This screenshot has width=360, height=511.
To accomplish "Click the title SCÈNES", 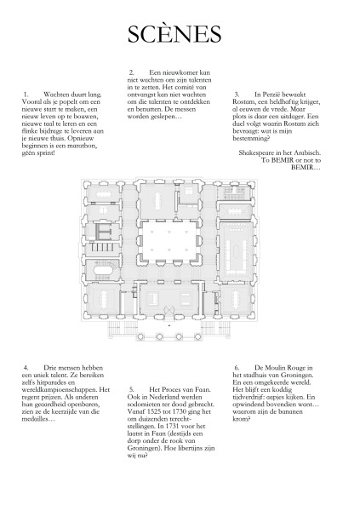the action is coord(174,33).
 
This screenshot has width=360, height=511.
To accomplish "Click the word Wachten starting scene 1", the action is coord(56,95).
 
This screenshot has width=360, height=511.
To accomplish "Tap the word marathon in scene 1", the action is coord(82,146).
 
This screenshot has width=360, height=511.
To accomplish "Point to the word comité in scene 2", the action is coord(186,88).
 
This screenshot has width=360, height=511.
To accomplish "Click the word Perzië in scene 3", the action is coord(267,95).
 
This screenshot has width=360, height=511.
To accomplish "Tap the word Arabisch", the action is coord(307,152).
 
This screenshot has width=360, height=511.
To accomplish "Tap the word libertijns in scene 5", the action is coord(190,448).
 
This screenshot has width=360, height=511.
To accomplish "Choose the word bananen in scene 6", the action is coord(283,411).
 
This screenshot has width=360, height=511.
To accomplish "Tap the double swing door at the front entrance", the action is coord(169,311).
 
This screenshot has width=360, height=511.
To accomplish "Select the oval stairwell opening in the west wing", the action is coord(104,272).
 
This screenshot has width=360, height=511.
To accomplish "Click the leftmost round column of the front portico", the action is coord(141,336).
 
